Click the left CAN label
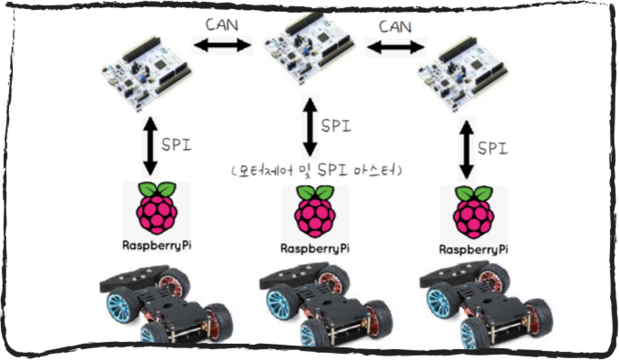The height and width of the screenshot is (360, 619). pos(221,25)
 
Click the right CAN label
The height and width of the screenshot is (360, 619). pos(395,27)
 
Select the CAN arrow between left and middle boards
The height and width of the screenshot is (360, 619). pos(222,45)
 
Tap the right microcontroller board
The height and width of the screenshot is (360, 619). pos(463,74)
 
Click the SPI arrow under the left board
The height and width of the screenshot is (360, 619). pos(150,145)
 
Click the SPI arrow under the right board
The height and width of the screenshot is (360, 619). pos(466,147)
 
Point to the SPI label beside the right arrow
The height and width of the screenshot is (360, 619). pos(492,148)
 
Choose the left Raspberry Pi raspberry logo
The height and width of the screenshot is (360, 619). pos(156,208)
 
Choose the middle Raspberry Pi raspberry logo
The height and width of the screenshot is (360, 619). pos(314,211)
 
